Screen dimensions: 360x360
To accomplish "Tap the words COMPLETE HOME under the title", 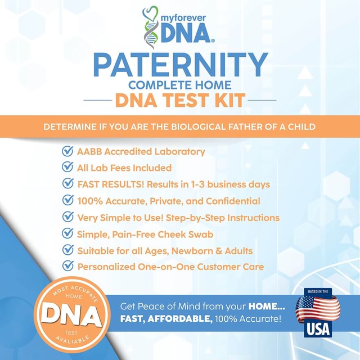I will click(180, 85).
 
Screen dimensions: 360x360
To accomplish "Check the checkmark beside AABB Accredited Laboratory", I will click(67, 151).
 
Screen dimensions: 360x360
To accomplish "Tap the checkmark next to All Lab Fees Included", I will click(67, 168).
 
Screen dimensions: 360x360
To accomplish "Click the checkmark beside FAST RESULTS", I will click(67, 184).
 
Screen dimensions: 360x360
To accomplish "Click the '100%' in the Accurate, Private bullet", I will click(91, 201).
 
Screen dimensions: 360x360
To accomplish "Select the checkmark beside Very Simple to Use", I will click(67, 217).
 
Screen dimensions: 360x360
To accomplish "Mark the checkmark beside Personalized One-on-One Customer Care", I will click(67, 267).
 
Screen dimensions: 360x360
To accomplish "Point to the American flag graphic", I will click(318, 308).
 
